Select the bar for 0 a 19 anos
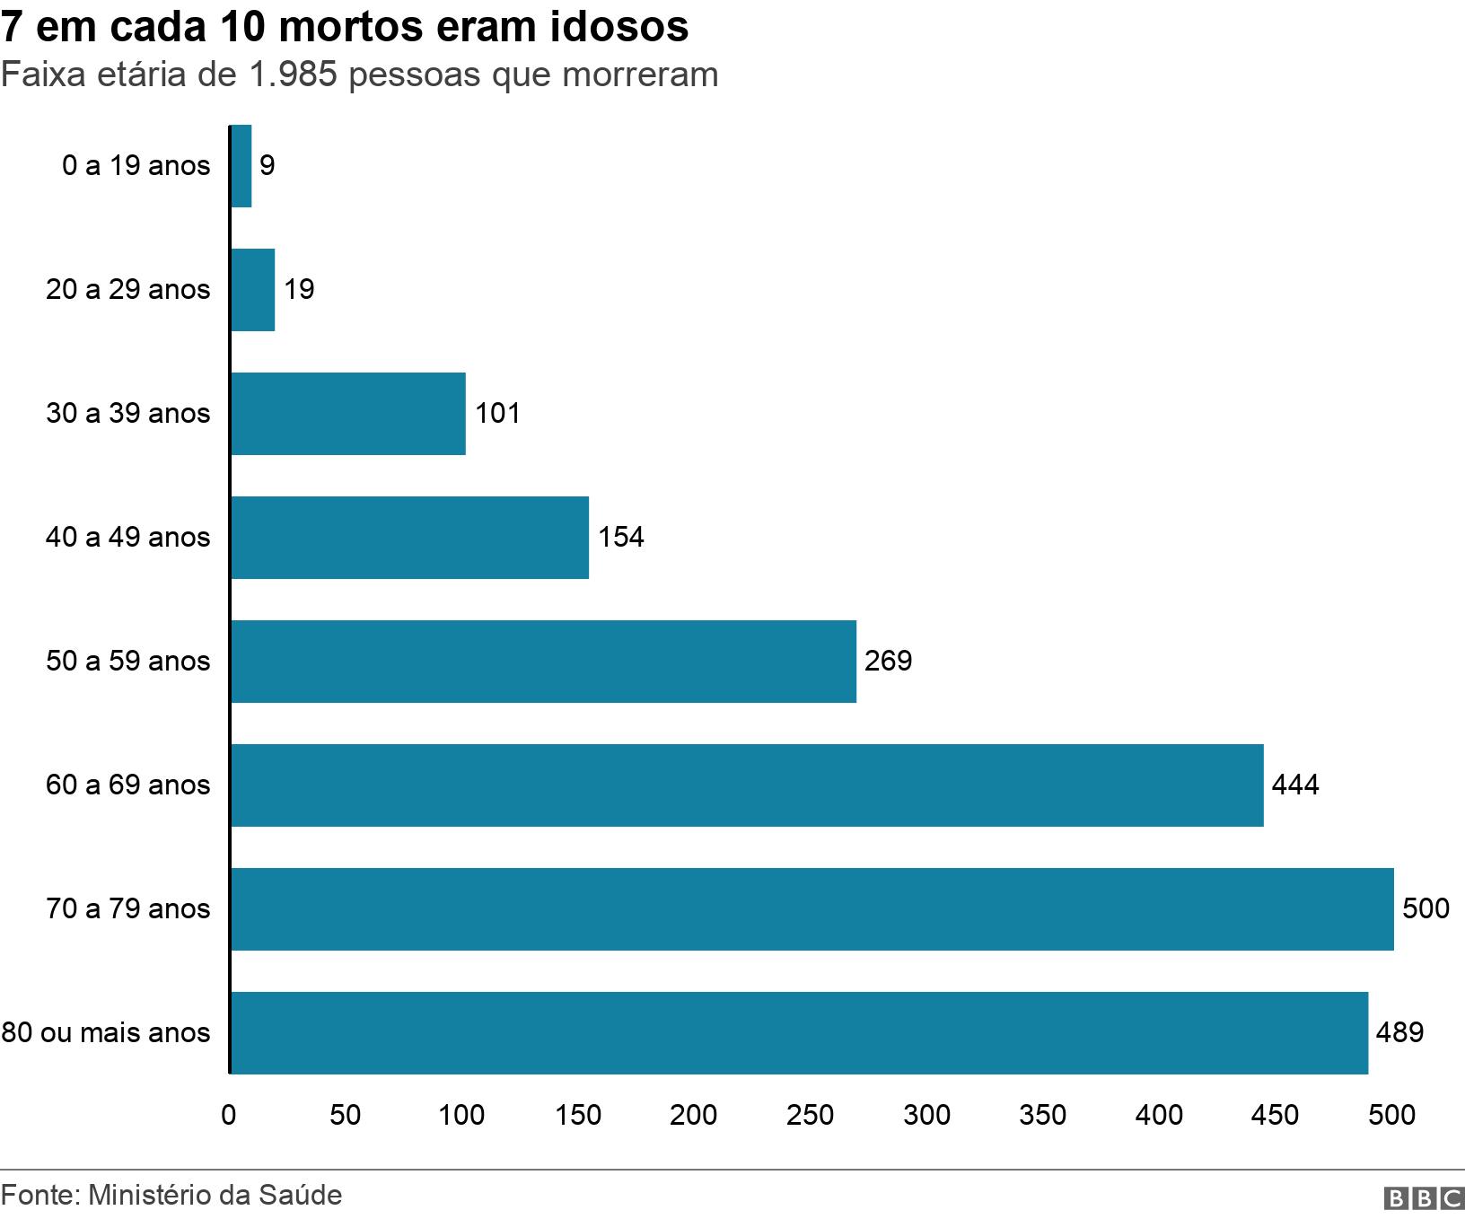(241, 166)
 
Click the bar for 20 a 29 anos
(253, 290)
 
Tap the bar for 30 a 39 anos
(348, 414)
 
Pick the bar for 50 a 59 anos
(543, 662)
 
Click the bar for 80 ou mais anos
(799, 1033)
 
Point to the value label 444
(1295, 785)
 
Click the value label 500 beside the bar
(1426, 908)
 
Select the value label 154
(621, 538)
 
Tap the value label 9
(268, 166)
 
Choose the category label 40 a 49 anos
(127, 538)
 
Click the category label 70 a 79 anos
(127, 909)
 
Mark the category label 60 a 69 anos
(127, 785)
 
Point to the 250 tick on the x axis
(810, 1115)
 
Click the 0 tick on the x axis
(229, 1115)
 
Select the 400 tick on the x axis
(1159, 1115)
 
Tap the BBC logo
(1424, 1198)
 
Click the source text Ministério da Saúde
(215, 1196)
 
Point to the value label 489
(1399, 1033)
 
